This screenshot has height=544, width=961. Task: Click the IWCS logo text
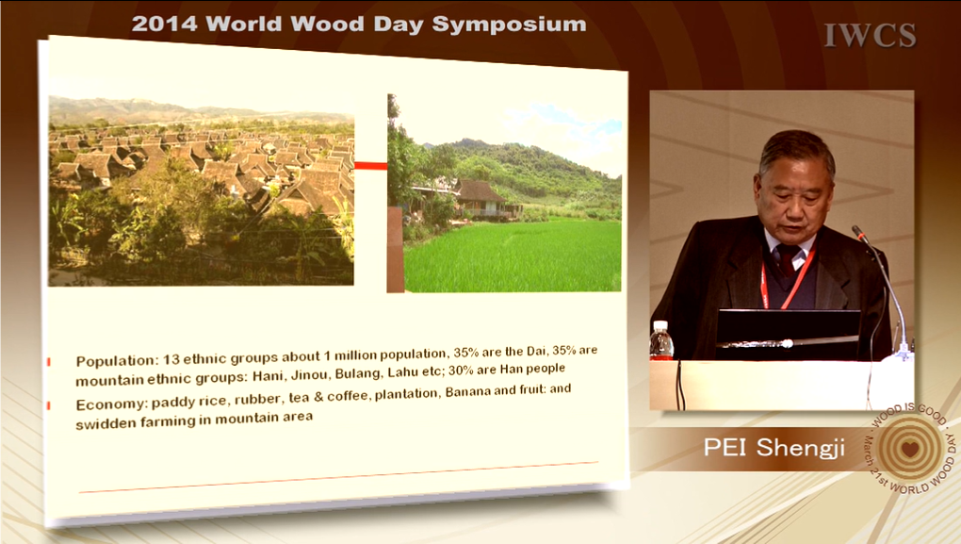(x=871, y=35)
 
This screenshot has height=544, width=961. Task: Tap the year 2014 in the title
(x=164, y=24)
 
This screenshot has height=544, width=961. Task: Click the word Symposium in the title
(x=509, y=25)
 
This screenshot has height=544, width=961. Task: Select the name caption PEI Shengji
(x=774, y=447)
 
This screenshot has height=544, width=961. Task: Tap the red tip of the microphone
(x=856, y=232)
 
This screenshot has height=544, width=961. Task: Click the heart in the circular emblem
(x=910, y=449)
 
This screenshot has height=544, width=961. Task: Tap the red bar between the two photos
(x=371, y=166)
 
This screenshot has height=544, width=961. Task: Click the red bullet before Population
(x=49, y=362)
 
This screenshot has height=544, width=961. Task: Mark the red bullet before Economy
(x=49, y=405)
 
